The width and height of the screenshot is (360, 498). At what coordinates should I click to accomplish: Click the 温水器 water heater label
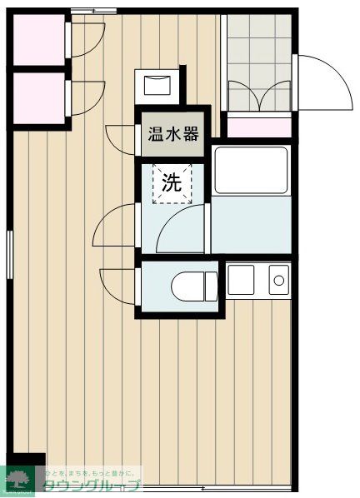[172, 133]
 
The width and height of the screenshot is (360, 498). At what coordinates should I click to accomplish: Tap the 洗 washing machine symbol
[172, 184]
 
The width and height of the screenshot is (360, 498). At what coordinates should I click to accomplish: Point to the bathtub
[251, 170]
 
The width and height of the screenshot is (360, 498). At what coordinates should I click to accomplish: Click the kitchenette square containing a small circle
[278, 280]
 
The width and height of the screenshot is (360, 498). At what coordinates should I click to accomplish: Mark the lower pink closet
[37, 98]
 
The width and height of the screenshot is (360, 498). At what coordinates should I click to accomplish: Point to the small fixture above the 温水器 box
[157, 85]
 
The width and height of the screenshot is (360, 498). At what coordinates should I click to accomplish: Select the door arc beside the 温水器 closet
[121, 137]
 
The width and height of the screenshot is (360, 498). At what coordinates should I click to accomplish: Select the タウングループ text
[92, 487]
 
